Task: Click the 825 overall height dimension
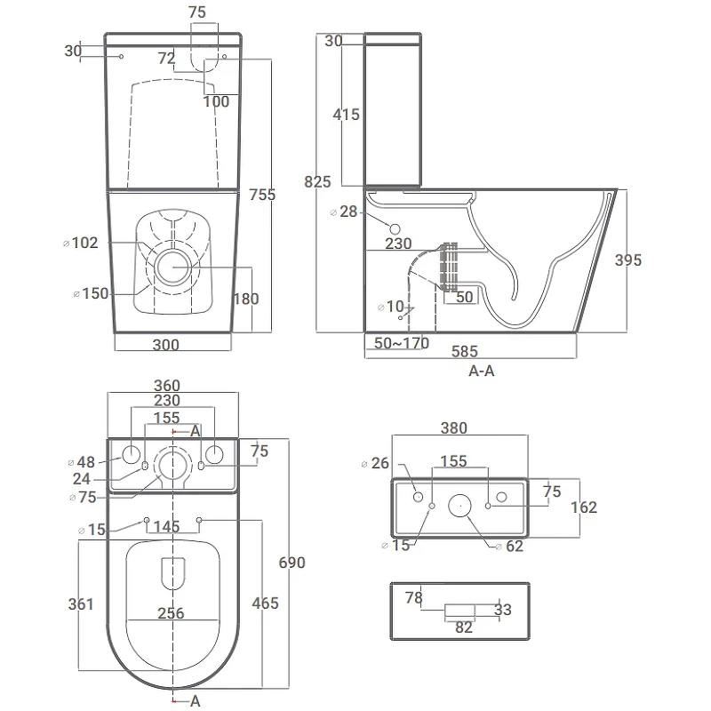317,182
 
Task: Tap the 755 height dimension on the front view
262,195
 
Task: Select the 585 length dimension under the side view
465,351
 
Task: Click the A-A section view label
482,371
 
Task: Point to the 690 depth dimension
292,563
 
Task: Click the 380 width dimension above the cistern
454,428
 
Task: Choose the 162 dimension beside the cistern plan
584,507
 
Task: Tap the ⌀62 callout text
509,547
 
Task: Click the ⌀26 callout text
375,463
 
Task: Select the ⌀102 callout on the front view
81,243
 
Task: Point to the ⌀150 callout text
92,293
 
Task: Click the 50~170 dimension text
402,343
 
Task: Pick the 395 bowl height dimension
628,260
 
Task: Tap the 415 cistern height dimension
346,115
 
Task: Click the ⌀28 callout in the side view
344,212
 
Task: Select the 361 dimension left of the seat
81,604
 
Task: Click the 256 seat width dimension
171,613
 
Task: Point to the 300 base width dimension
166,345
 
